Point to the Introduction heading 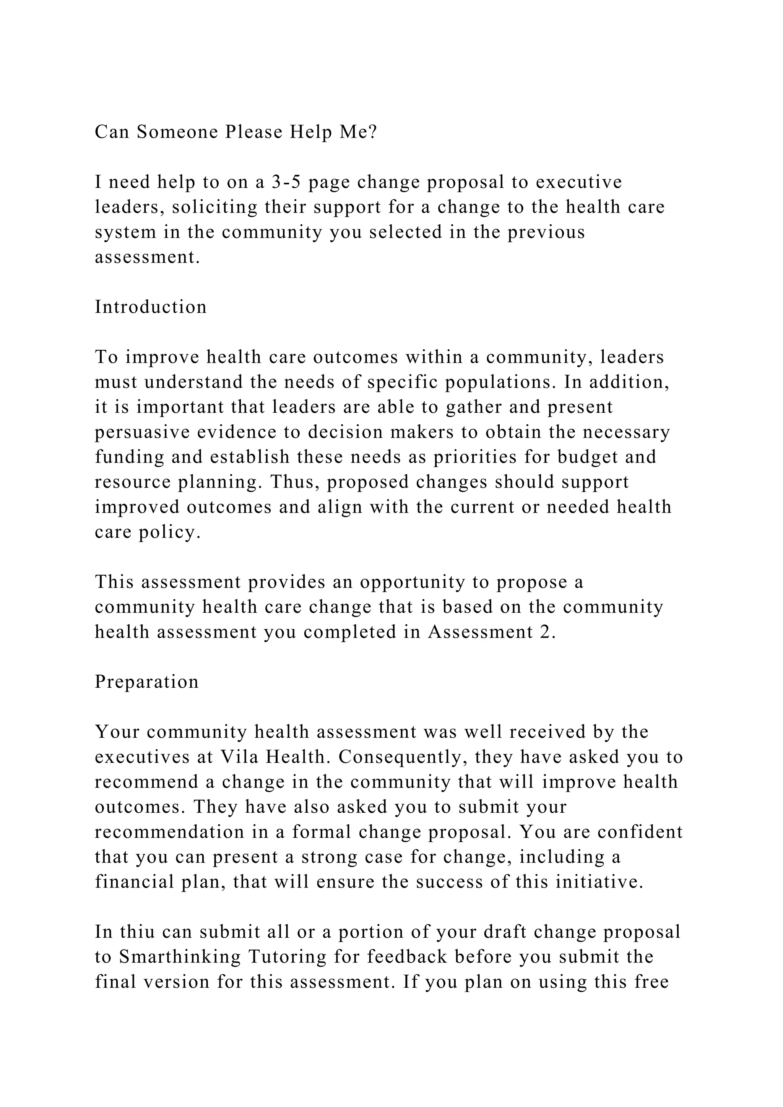click(150, 307)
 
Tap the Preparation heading click(146, 682)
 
